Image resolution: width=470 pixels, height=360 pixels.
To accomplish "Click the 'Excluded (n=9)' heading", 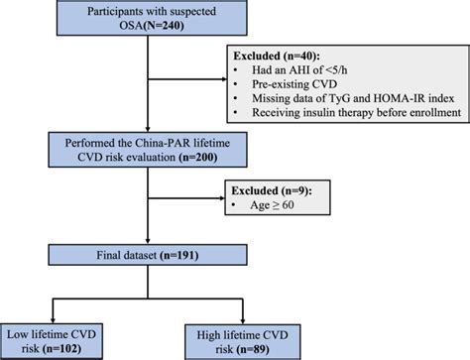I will tap(271, 189).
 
